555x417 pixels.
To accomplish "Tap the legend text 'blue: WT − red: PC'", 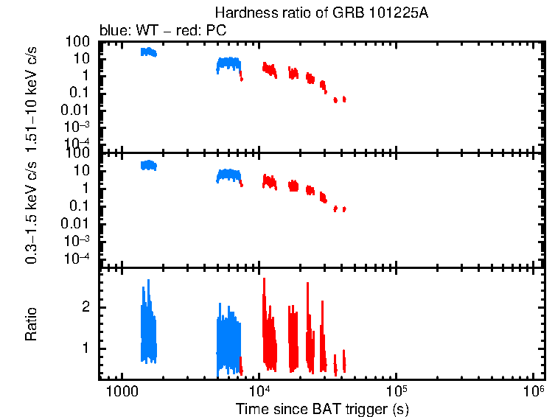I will pyautogui.click(x=162, y=31).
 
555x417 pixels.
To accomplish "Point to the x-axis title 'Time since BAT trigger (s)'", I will pyautogui.click(x=322, y=408).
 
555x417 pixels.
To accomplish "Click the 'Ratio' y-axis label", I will pyautogui.click(x=31, y=324).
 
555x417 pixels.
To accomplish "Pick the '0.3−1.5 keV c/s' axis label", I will pyautogui.click(x=31, y=214).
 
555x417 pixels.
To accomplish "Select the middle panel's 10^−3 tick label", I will pyautogui.click(x=77, y=241).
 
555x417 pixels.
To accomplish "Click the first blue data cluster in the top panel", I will pyautogui.click(x=149, y=52).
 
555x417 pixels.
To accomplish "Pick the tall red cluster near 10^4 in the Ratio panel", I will pyautogui.click(x=268, y=332).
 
